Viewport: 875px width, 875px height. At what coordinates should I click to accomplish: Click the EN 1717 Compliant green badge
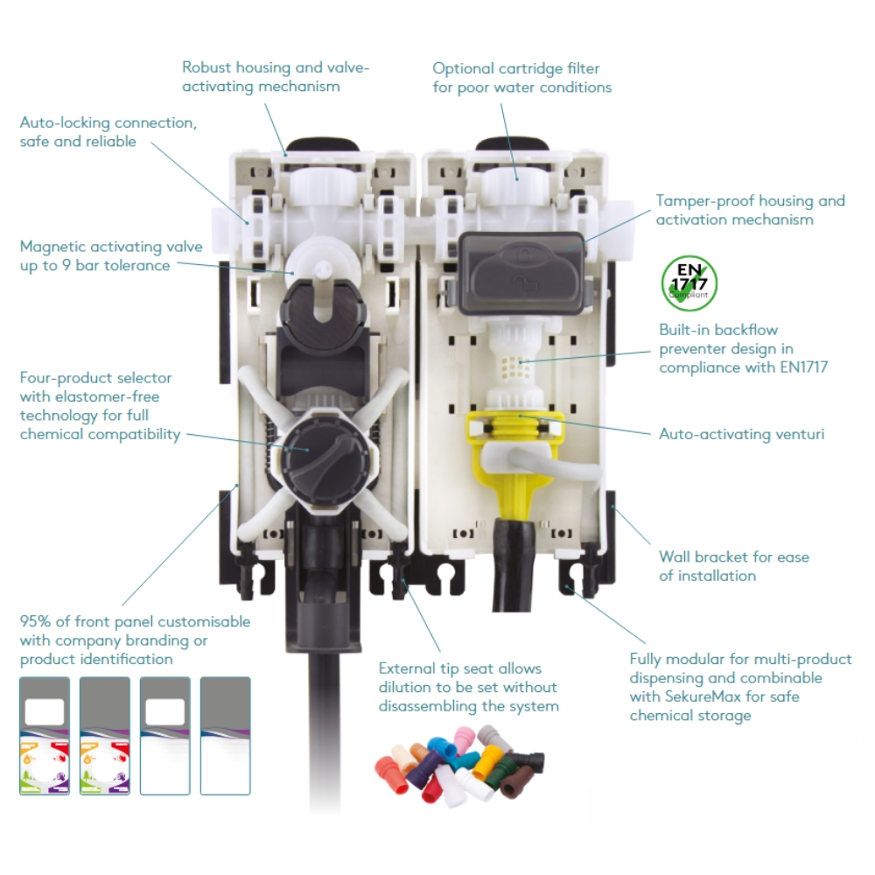pyautogui.click(x=689, y=283)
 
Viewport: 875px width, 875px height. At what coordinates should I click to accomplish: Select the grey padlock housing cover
pyautogui.click(x=521, y=272)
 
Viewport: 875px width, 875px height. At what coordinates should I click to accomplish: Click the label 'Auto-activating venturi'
pyautogui.click(x=742, y=434)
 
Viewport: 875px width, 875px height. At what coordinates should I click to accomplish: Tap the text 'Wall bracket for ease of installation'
pyautogui.click(x=734, y=566)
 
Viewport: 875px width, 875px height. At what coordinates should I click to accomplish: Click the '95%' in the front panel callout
pyautogui.click(x=35, y=621)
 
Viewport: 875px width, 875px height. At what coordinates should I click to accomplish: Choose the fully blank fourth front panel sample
pyautogui.click(x=226, y=736)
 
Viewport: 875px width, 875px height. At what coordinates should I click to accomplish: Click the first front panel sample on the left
pyautogui.click(x=45, y=736)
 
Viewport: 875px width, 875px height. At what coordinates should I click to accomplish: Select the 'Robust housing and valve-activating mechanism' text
pyautogui.click(x=276, y=76)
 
